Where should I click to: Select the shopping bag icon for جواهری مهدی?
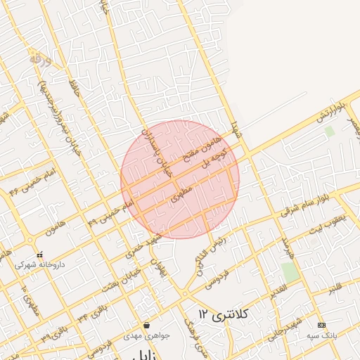[x=146, y=325]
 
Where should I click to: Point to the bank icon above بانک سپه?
[x=322, y=325]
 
